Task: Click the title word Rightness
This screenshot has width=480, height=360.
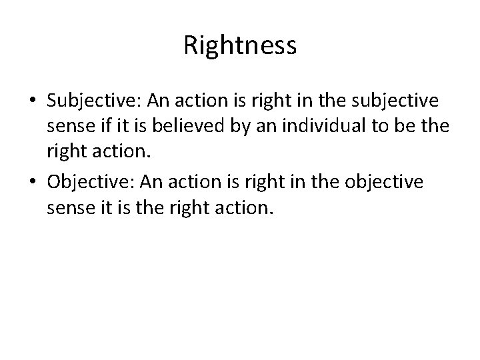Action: click(240, 46)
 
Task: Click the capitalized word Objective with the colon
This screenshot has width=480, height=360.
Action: click(89, 182)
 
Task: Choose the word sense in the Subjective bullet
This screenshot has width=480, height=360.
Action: click(67, 127)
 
